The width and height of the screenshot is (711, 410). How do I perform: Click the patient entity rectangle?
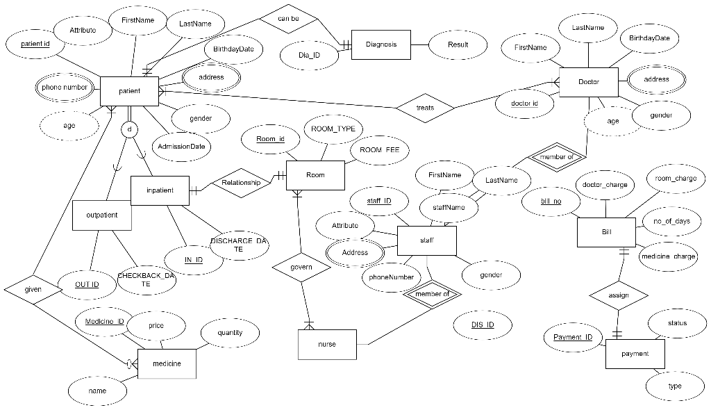(x=129, y=91)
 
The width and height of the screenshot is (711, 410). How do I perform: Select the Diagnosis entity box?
(x=380, y=44)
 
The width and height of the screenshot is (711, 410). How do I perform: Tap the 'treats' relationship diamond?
(x=425, y=108)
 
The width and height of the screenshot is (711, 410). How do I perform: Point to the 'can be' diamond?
(x=288, y=19)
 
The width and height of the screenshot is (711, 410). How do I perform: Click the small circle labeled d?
(x=129, y=129)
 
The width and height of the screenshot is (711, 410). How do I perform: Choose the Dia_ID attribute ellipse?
(x=309, y=56)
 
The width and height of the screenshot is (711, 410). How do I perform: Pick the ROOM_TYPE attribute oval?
(x=333, y=129)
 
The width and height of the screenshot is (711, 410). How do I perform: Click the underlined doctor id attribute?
(x=524, y=104)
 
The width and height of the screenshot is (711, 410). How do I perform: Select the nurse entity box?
(x=327, y=345)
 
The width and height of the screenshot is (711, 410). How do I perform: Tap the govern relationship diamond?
(x=301, y=268)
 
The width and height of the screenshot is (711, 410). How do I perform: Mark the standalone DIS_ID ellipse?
(x=483, y=325)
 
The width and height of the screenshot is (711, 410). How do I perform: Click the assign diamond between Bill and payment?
(x=618, y=295)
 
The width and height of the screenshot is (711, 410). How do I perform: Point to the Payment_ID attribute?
(x=573, y=338)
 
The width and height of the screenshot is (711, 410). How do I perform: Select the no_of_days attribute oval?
(x=671, y=222)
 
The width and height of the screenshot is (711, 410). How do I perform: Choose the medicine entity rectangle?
(x=167, y=363)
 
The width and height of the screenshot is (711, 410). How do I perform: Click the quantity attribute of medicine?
(x=230, y=333)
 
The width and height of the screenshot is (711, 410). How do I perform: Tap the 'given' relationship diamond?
(x=33, y=289)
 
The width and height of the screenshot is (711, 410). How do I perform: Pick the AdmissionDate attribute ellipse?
(x=181, y=147)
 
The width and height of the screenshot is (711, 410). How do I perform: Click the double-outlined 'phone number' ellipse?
(x=65, y=88)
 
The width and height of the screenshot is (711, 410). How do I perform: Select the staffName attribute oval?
(x=449, y=208)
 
